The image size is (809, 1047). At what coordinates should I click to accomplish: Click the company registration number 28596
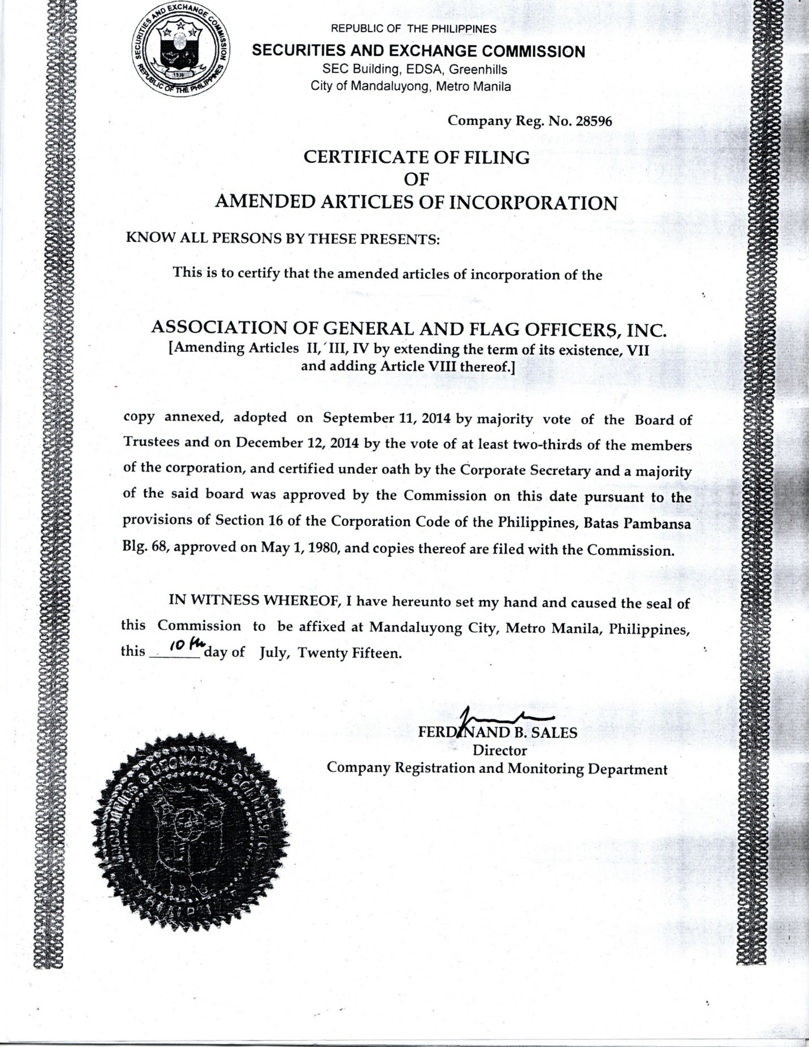pyautogui.click(x=593, y=121)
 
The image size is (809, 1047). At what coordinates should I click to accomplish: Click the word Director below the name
pyautogui.click(x=500, y=751)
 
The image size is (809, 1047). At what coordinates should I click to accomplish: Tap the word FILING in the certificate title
pyautogui.click(x=497, y=157)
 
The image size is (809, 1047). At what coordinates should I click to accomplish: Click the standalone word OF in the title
pyautogui.click(x=416, y=179)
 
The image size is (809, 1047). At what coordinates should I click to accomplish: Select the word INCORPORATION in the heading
pyautogui.click(x=533, y=202)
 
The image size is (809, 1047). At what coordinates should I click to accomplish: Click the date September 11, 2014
pyautogui.click(x=386, y=419)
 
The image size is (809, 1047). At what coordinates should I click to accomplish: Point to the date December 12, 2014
pyautogui.click(x=298, y=442)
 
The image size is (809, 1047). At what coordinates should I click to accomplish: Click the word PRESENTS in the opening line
pyautogui.click(x=399, y=239)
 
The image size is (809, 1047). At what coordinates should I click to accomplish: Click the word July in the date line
pyautogui.click(x=274, y=653)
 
